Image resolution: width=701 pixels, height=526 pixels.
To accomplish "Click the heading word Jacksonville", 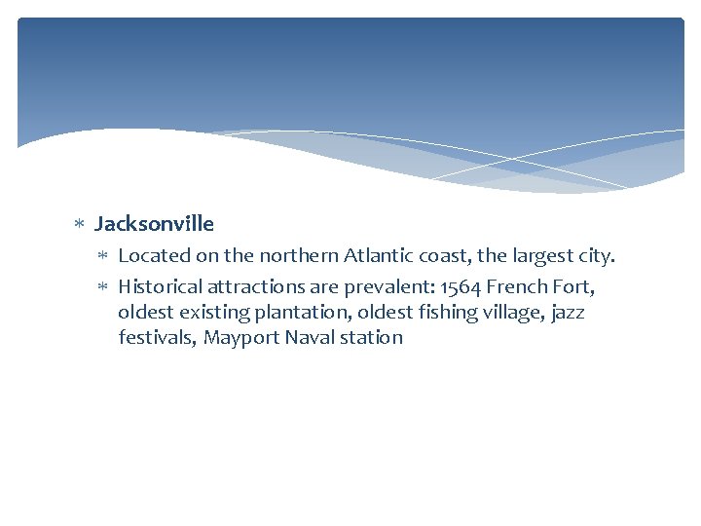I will [154, 224].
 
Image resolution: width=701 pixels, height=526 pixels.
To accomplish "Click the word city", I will [593, 256].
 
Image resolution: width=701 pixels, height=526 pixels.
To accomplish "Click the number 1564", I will [461, 287].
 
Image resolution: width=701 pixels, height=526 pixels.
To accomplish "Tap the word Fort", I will [574, 287].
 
